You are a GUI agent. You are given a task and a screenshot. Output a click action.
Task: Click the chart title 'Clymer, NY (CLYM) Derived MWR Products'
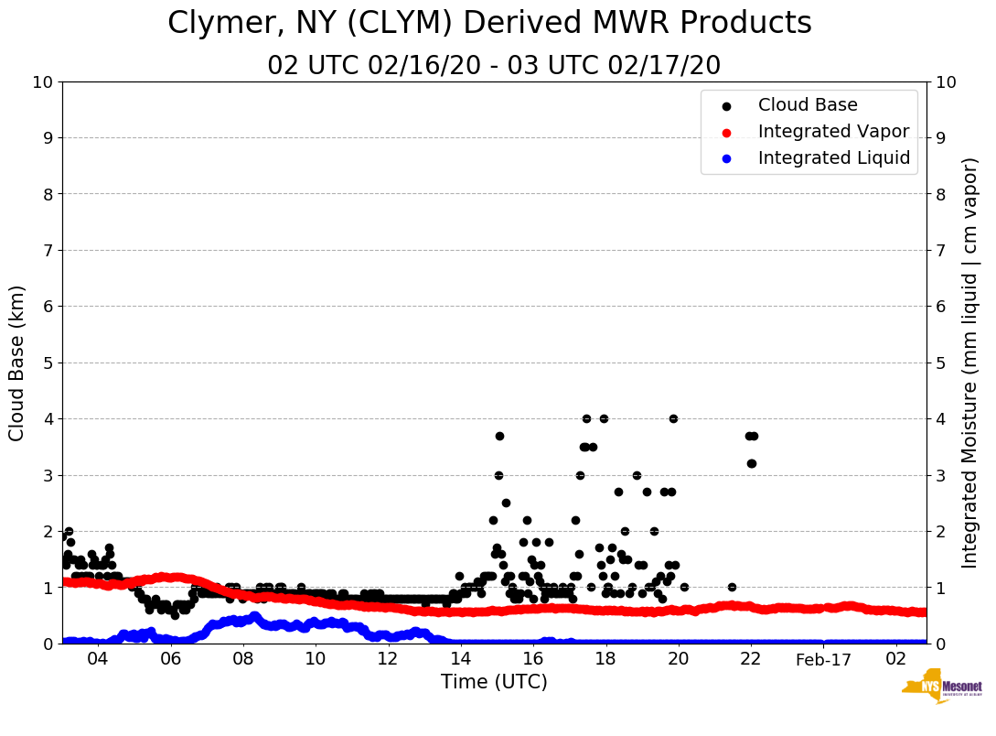pos(489,23)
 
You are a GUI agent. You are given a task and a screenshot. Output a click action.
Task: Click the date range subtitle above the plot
pos(494,66)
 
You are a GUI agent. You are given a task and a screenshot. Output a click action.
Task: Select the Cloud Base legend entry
pos(808,105)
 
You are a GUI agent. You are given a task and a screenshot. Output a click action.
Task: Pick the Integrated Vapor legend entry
pos(833,132)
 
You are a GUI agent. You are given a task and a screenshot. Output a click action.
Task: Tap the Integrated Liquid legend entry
pos(833,158)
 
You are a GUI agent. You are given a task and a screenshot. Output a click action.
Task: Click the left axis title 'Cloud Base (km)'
pos(17,363)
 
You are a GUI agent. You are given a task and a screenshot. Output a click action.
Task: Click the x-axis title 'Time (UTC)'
pos(494,682)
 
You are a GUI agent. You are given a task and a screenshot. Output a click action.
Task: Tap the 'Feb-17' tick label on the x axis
pos(823,660)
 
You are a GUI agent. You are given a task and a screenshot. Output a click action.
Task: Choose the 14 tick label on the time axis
pos(460,660)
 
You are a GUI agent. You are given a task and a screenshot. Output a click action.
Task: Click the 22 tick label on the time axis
pos(751,660)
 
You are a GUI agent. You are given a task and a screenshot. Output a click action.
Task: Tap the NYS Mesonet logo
pos(941,688)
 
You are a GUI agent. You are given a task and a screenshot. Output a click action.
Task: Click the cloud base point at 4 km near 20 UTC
pos(673,418)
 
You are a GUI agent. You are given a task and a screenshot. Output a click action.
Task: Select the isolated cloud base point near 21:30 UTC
pos(732,587)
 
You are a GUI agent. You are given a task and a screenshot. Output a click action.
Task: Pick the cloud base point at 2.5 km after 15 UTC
pos(506,503)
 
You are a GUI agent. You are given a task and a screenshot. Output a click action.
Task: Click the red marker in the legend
pos(727,132)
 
